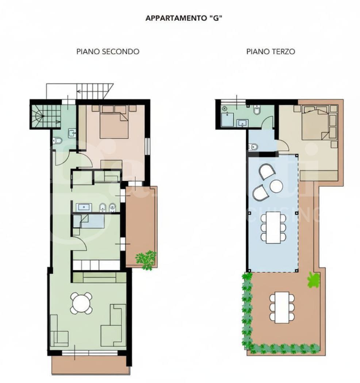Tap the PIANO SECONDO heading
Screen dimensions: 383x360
click(108, 52)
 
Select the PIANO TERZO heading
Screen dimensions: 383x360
click(271, 52)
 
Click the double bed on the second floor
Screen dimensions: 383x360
click(114, 123)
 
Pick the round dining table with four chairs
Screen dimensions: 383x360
click(81, 304)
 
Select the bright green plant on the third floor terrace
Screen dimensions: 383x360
click(313, 279)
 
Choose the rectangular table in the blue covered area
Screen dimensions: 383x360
click(273, 227)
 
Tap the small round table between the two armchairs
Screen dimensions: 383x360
click(276, 186)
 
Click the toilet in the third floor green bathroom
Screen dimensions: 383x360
click(257, 111)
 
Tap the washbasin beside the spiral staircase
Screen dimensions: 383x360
click(71, 132)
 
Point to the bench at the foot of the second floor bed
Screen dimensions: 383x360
click(111, 164)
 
